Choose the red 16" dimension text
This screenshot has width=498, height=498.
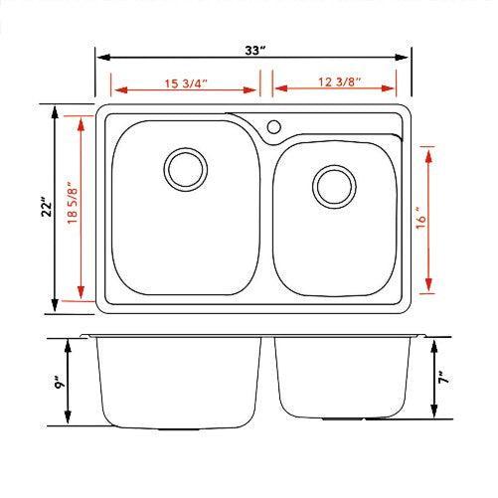pyautogui.click(x=422, y=220)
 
